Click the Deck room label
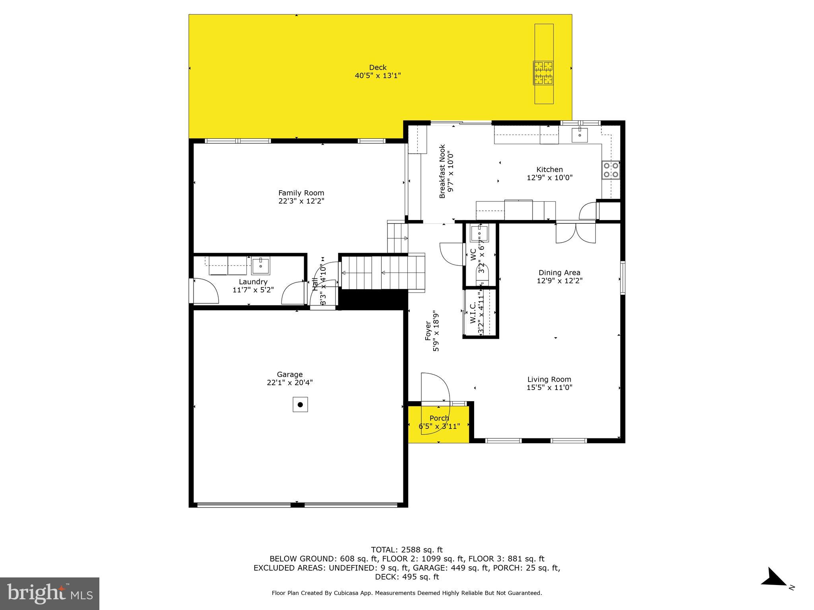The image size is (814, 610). tap(378, 68)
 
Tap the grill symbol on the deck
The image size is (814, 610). tap(543, 73)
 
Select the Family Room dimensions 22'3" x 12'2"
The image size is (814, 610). tap(301, 201)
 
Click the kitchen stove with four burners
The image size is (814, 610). tap(611, 170)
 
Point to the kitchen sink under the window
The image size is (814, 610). tap(580, 135)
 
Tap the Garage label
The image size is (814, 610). tap(290, 374)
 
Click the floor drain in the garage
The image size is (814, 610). tap(300, 405)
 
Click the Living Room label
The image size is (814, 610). tap(549, 379)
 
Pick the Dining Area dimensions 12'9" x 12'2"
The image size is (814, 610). tap(560, 281)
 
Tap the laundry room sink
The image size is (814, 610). tap(261, 266)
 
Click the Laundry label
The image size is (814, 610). tap(253, 282)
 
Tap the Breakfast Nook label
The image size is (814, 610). tap(442, 171)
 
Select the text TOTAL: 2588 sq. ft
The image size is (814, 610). tap(407, 550)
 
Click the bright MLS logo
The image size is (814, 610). tap(50, 593)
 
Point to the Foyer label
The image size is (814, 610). tap(428, 331)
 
